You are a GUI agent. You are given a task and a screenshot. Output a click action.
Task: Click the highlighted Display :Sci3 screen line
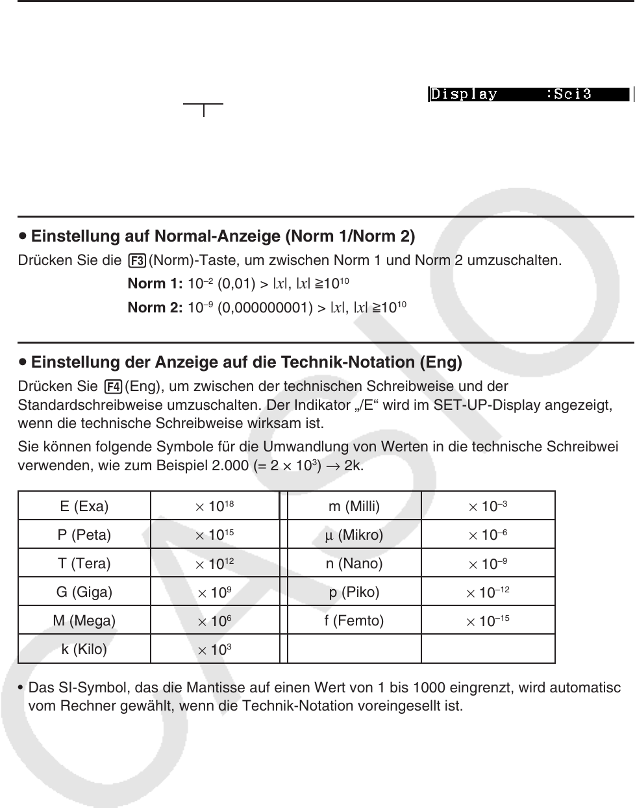click(x=529, y=94)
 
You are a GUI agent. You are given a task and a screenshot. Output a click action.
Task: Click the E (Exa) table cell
click(x=84, y=506)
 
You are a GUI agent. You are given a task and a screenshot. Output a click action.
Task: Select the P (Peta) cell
click(x=84, y=535)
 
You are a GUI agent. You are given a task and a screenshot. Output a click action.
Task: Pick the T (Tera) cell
click(x=84, y=564)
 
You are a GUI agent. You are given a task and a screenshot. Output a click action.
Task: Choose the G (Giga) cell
click(x=84, y=592)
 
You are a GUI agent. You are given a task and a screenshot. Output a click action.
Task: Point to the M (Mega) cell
click(x=84, y=621)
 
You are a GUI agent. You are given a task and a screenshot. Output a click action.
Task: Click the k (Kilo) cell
click(x=84, y=649)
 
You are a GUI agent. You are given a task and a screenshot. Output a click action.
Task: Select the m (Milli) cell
click(x=354, y=506)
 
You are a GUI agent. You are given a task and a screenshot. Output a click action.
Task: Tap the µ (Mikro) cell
click(x=354, y=535)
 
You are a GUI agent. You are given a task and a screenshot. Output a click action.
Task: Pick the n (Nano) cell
click(x=354, y=564)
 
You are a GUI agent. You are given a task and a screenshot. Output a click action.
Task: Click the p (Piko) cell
click(x=354, y=592)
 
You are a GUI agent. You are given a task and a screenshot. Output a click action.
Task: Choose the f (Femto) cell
click(x=354, y=621)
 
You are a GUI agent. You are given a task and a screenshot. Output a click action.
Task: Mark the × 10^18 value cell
click(x=215, y=506)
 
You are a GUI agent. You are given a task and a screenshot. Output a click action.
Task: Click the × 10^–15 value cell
click(x=488, y=621)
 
